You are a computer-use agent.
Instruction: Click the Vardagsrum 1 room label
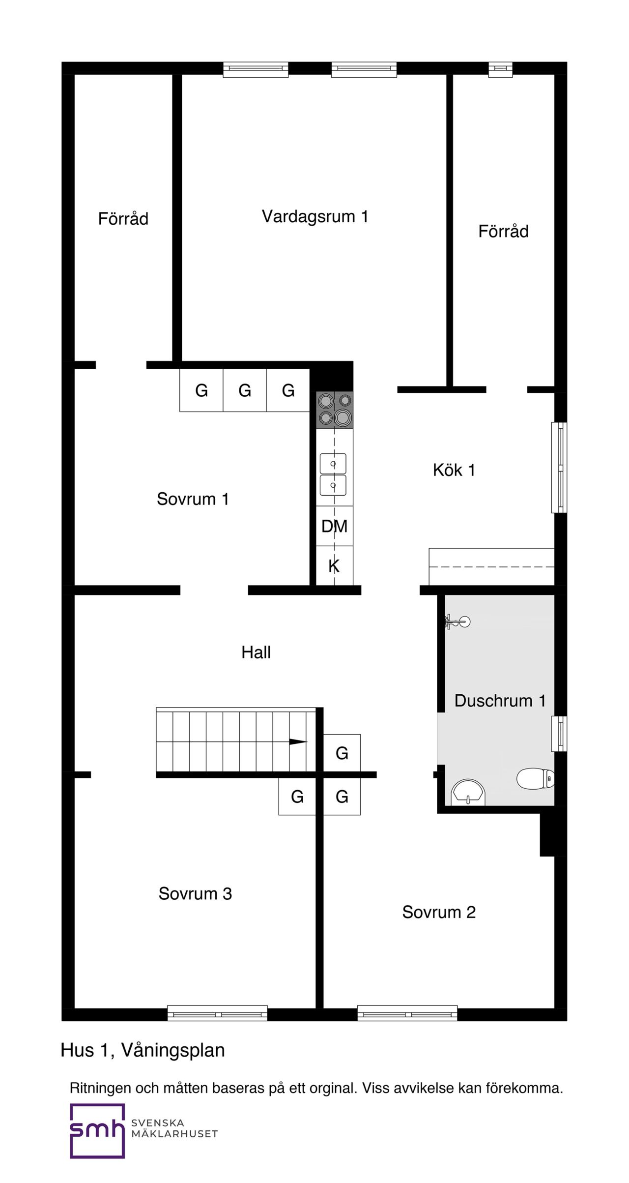tap(315, 216)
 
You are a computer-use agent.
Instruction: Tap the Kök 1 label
tap(454, 470)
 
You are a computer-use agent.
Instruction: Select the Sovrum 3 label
tap(195, 893)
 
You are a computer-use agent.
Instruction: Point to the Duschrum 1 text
tap(500, 701)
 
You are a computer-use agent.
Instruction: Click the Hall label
tap(256, 652)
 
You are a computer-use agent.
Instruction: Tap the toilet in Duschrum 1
tap(536, 778)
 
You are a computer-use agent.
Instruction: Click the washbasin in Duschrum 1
tap(468, 792)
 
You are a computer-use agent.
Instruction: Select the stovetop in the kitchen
tap(335, 409)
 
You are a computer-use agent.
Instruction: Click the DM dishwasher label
tap(335, 527)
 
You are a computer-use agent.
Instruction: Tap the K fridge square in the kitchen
tap(335, 565)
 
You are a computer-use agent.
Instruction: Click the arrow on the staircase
tap(298, 741)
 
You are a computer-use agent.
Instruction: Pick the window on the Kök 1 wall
tap(559, 468)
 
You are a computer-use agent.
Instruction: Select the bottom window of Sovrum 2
tap(407, 1013)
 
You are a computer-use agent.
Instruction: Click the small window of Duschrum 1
tap(559, 734)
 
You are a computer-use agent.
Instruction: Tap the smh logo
tap(97, 1131)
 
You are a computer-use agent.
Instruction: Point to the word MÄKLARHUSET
tap(174, 1134)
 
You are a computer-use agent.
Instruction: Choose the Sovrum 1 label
tap(193, 499)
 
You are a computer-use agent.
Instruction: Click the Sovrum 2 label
tap(439, 912)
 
